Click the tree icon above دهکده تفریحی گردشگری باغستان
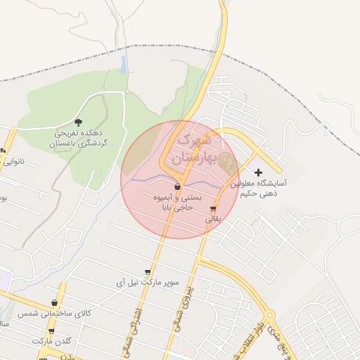click(77, 122)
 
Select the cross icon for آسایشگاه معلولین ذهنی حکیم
click(258, 172)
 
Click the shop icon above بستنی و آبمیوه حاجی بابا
click(176, 187)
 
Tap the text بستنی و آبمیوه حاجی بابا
click(178, 203)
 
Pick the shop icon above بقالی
click(213, 209)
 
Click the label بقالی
click(213, 219)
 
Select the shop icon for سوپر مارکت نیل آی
click(147, 272)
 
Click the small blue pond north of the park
click(124, 65)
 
